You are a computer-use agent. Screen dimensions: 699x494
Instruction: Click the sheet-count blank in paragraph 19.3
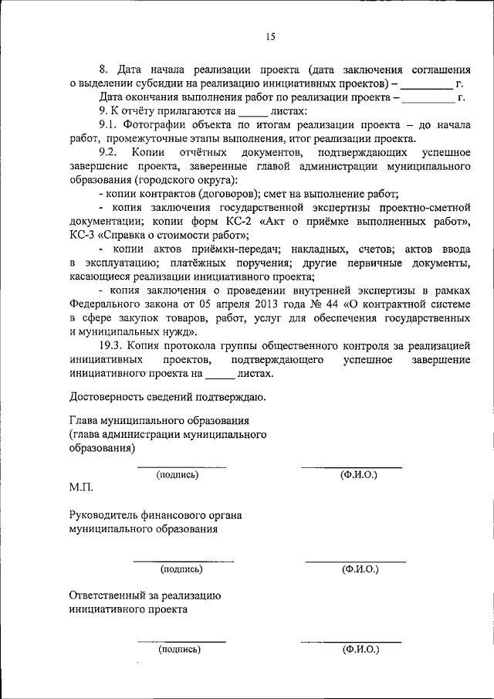click(x=219, y=374)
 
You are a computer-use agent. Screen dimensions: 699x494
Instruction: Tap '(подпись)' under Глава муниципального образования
click(x=178, y=475)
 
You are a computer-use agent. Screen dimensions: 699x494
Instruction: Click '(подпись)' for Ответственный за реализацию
click(x=179, y=650)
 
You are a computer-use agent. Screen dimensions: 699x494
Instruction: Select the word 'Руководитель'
click(x=104, y=515)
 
